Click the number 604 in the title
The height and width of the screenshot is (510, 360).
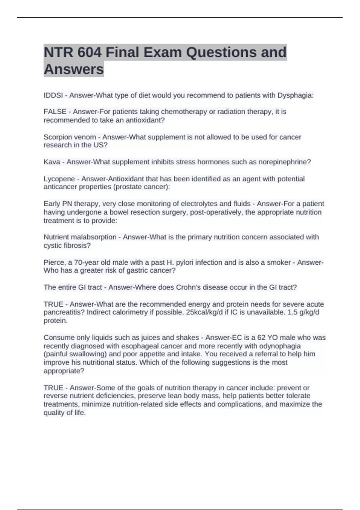point(89,52)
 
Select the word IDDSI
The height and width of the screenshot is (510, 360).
point(53,95)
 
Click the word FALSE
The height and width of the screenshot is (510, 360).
point(55,112)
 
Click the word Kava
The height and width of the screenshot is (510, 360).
point(52,162)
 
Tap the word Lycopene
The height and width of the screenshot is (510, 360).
point(59,179)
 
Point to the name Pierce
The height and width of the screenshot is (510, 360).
point(54,262)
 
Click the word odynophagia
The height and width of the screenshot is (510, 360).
point(280,346)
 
